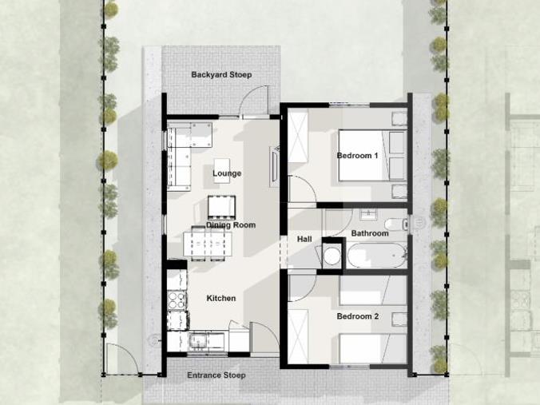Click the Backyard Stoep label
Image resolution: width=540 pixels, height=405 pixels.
tap(221, 75)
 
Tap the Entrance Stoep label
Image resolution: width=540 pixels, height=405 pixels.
tap(216, 375)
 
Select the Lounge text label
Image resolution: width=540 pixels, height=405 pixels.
tap(227, 173)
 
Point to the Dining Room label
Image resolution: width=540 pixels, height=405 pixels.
tap(231, 225)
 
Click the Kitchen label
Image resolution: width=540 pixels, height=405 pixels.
tap(221, 298)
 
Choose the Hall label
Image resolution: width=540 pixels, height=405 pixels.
tap(304, 239)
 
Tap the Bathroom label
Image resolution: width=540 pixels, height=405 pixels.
tap(370, 233)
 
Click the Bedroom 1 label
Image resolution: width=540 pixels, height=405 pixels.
tap(358, 155)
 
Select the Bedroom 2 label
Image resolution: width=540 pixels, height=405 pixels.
tap(358, 316)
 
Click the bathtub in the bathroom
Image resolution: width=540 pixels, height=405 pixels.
tap(377, 255)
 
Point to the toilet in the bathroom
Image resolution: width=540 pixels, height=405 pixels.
tap(396, 224)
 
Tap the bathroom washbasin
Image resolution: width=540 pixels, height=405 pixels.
tap(368, 214)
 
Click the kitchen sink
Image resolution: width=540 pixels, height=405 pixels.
tap(197, 340)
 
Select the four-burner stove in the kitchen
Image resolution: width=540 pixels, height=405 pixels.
tap(177, 300)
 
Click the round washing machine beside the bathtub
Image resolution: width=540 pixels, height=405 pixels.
tap(332, 256)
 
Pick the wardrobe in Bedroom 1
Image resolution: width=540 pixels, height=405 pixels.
tap(298, 137)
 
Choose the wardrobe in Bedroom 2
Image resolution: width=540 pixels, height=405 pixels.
tap(298, 336)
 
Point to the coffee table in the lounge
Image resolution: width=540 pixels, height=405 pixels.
tap(222, 170)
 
